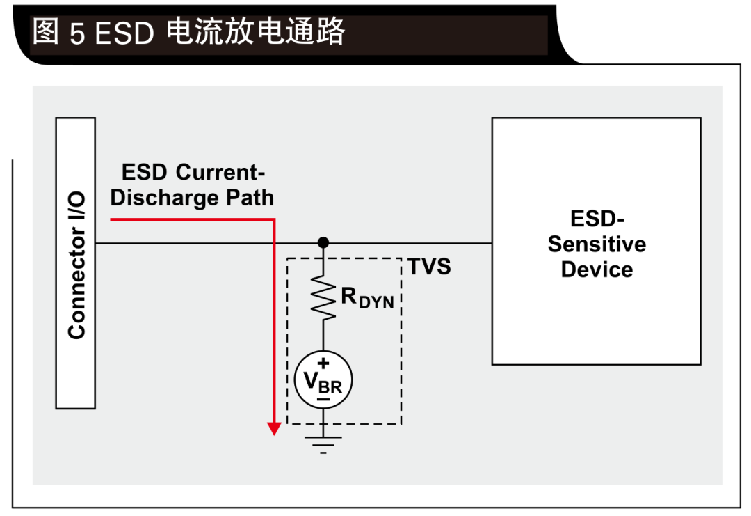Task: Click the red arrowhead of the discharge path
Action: [x=274, y=428]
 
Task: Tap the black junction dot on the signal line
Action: [x=323, y=243]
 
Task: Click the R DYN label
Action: [x=367, y=297]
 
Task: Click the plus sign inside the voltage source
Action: [x=323, y=363]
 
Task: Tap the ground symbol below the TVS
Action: [x=323, y=443]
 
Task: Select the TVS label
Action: [x=429, y=267]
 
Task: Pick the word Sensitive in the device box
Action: [x=597, y=244]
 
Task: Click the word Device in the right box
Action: [x=597, y=269]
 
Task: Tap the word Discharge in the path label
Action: [x=164, y=198]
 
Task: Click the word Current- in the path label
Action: [x=222, y=172]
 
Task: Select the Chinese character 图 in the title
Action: [x=46, y=32]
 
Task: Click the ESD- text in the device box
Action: [x=597, y=219]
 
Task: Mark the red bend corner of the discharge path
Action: [x=274, y=220]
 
